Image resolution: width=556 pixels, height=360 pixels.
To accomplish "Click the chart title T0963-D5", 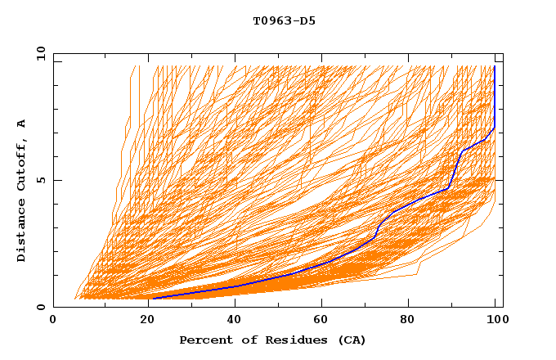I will [284, 20].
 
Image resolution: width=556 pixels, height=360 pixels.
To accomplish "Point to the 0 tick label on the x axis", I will [54, 322].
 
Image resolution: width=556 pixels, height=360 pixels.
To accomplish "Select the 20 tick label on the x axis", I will [142, 322].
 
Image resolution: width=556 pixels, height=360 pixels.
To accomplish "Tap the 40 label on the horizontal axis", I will [231, 322].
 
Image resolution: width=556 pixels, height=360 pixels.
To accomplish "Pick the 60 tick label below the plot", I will [319, 322].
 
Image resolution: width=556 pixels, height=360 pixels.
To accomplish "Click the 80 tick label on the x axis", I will [407, 322].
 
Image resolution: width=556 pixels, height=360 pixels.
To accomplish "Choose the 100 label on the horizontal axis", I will [495, 322].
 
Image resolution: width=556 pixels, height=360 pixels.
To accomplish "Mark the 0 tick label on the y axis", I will [39, 308].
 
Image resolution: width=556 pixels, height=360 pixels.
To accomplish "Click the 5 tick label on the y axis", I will [39, 180].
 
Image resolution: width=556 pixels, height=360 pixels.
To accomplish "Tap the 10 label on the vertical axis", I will [39, 53].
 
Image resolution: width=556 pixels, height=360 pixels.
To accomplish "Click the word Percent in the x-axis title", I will [204, 340].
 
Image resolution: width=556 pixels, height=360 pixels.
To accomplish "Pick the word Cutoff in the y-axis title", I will [22, 162].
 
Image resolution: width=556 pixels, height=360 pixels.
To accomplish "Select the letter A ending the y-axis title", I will [22, 123].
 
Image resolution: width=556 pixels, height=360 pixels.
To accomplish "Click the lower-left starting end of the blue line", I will [154, 298].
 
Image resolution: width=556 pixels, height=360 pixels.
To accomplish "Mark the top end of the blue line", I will [495, 66].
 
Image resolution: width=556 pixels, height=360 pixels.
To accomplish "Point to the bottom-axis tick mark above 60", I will [319, 304].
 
